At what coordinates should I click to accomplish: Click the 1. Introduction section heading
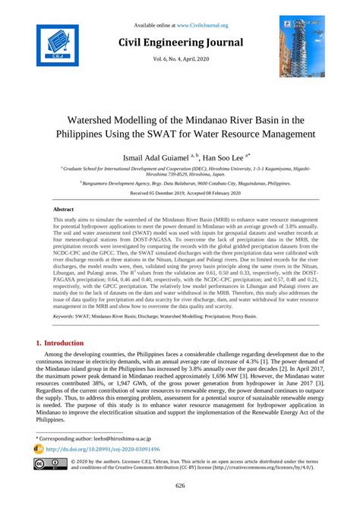point(68,343)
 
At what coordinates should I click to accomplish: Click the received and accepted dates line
point(179,194)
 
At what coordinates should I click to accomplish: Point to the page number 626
point(180,486)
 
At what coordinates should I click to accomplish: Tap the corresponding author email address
point(136,438)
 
